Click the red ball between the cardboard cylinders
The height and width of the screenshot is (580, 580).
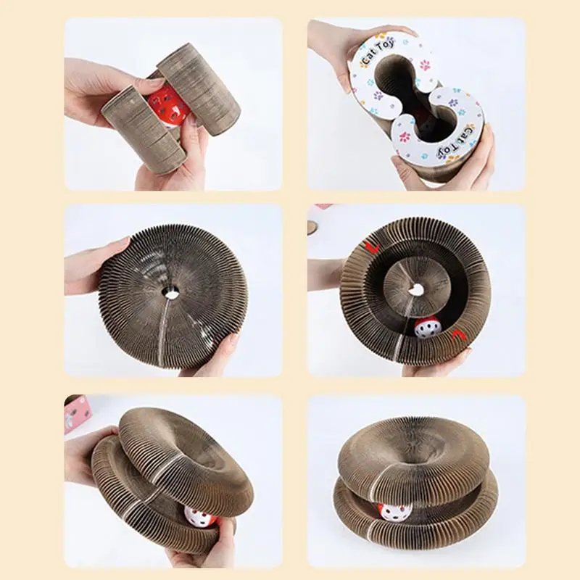click(x=169, y=104)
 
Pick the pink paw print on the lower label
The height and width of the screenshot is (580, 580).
click(x=405, y=137)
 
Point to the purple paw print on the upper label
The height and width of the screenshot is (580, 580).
click(x=378, y=96)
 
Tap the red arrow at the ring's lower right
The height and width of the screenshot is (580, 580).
click(x=458, y=335)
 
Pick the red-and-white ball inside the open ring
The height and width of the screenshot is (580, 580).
click(x=427, y=328)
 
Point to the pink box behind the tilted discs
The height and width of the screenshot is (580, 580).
click(x=76, y=413)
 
